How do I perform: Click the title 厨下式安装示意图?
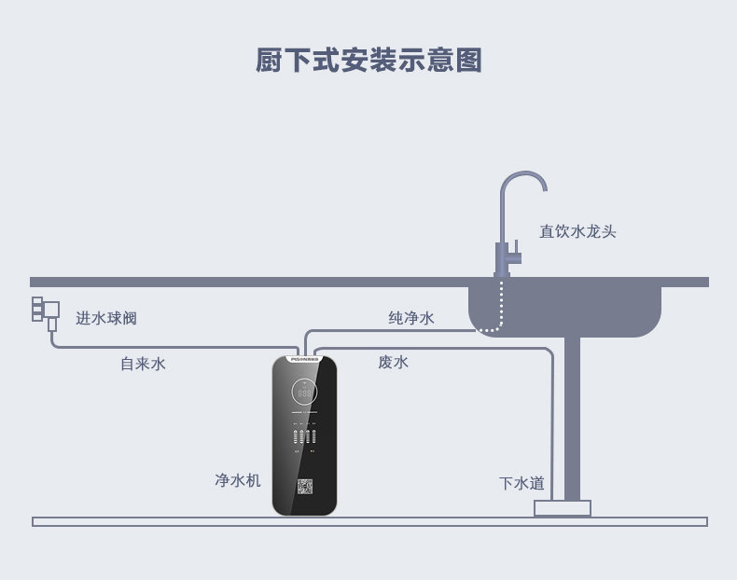tap(368, 60)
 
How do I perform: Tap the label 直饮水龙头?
tap(577, 231)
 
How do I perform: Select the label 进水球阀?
tap(106, 318)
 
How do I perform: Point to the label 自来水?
tap(143, 364)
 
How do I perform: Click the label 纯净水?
tap(411, 318)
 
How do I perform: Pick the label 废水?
tap(393, 362)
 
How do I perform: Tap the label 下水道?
tap(521, 483)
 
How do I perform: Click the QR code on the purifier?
tap(305, 487)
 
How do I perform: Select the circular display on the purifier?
tap(304, 393)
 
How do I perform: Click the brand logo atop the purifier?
tap(304, 357)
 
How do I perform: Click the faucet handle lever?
tap(514, 255)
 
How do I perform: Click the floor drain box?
tap(563, 508)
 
